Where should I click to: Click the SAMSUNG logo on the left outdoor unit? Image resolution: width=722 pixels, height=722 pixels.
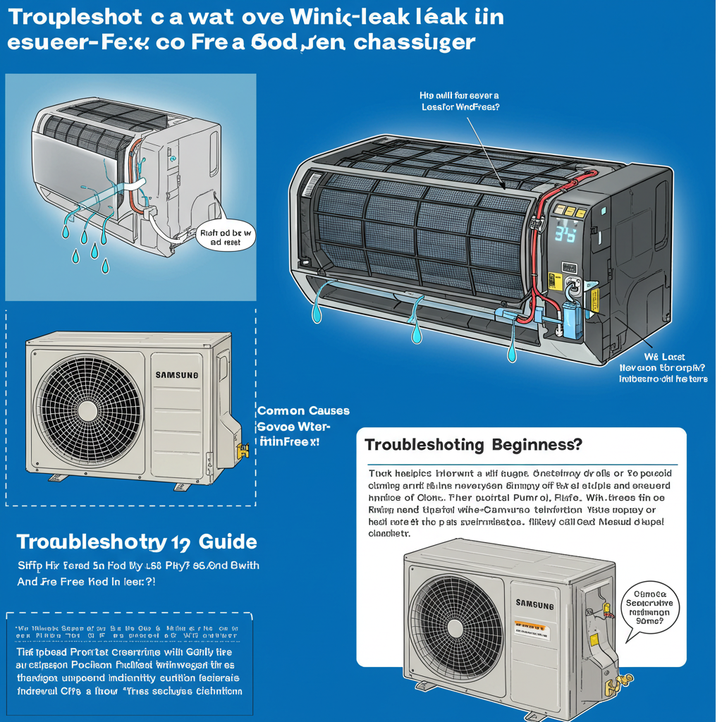click(x=177, y=374)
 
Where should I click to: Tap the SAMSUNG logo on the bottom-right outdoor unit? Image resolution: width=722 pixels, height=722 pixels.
click(x=534, y=604)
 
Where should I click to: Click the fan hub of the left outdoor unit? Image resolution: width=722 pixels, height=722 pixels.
click(x=87, y=410)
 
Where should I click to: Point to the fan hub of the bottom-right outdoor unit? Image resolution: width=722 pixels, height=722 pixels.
click(x=455, y=628)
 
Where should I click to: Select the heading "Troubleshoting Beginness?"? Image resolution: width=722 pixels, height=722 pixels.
click(x=474, y=446)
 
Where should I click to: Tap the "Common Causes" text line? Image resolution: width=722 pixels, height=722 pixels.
click(x=303, y=410)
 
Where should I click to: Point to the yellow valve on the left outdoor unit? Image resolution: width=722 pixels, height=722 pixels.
click(x=244, y=450)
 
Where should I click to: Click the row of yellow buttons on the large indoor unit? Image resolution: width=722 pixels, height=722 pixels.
click(x=570, y=210)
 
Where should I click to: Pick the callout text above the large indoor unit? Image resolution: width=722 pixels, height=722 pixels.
click(x=459, y=101)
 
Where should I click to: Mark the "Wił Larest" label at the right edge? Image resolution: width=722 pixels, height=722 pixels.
click(x=665, y=357)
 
